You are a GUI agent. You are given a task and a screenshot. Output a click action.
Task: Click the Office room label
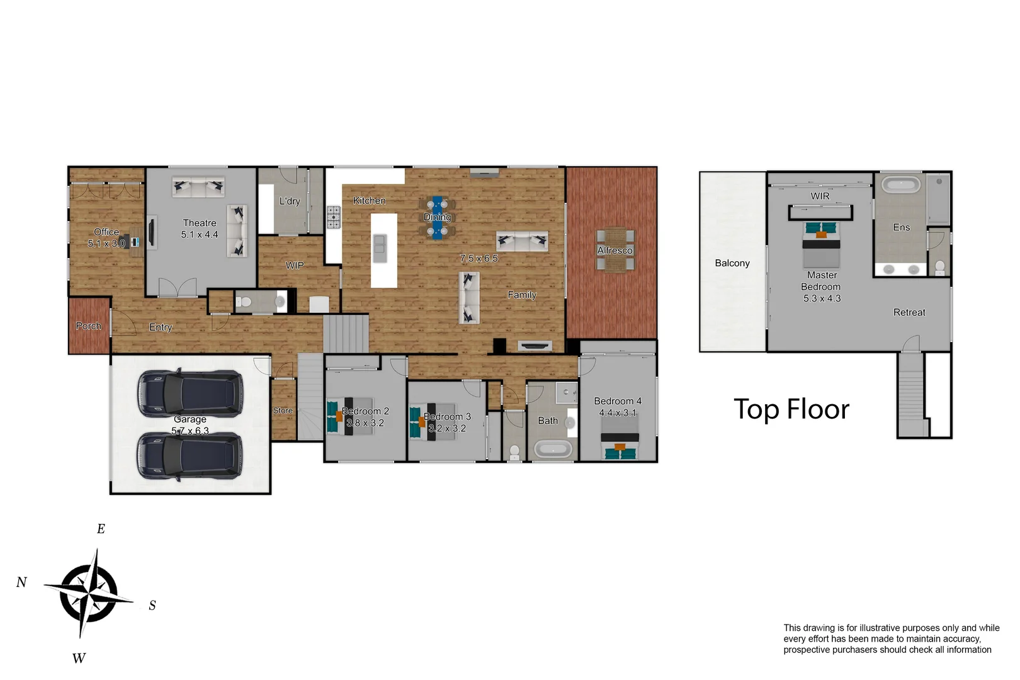point(106,232)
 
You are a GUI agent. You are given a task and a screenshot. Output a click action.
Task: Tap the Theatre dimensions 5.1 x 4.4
point(200,235)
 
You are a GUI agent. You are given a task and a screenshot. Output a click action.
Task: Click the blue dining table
point(437,217)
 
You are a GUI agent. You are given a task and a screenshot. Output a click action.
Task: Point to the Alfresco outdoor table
point(615,250)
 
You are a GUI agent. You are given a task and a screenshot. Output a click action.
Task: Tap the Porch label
point(88,326)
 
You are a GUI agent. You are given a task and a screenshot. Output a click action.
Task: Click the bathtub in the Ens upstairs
point(900,185)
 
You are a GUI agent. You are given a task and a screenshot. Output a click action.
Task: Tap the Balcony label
point(732,263)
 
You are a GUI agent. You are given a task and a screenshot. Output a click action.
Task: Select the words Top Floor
point(791,409)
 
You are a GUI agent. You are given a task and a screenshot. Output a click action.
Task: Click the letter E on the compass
point(101,529)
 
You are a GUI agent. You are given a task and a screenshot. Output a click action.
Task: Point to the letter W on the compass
point(79,658)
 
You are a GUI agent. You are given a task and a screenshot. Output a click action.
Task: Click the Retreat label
point(909,312)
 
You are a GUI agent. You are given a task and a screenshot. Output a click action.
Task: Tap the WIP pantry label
point(294,265)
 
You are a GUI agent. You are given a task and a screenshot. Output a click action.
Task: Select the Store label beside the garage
point(283,411)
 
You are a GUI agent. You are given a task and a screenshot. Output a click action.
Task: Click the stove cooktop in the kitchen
point(333,217)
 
